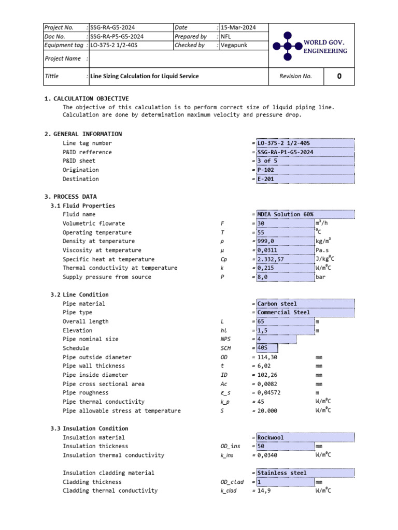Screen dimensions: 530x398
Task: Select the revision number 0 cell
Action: [339, 76]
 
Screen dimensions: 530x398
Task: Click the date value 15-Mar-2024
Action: [237, 27]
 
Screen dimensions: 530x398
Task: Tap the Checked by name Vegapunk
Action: [234, 45]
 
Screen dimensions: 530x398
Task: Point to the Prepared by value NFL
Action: [226, 36]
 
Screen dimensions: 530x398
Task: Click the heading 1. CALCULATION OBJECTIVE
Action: [87, 98]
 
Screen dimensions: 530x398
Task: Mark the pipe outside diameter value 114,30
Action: [268, 357]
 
